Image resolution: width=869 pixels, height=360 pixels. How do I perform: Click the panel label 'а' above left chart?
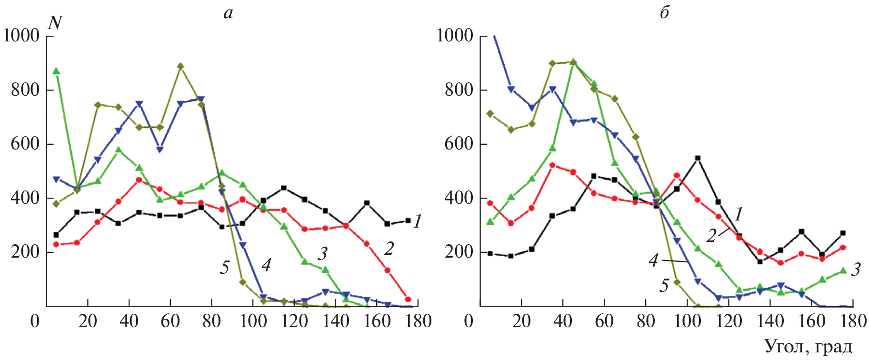coord(228,13)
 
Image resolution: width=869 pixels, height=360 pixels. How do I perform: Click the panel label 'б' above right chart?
coord(664,13)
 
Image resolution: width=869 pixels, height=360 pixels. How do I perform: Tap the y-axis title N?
coord(55,22)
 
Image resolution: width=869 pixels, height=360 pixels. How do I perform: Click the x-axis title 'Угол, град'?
coord(808,346)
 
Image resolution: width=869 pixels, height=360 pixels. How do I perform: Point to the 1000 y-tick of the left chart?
coord(21,35)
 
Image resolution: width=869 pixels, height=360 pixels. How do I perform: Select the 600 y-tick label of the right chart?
coord(459,144)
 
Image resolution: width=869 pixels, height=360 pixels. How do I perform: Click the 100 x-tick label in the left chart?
coord(253,321)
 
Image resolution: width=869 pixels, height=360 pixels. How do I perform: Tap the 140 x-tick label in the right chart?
coord(770,321)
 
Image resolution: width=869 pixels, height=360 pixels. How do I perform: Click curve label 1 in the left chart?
coord(417,221)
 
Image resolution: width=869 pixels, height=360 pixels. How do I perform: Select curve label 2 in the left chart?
coord(389,249)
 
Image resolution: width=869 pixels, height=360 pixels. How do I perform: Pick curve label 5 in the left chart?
coord(225,268)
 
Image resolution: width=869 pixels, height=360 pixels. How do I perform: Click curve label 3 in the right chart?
coord(856,270)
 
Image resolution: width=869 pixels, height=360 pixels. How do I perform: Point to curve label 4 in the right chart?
coord(654,260)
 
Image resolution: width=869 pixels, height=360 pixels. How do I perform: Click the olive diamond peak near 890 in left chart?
coord(180,66)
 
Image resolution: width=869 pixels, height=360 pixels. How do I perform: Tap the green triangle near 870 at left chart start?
coord(56,71)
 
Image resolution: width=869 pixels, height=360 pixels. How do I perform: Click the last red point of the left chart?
coord(408,300)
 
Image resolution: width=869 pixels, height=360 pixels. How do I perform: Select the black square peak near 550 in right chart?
coord(698,158)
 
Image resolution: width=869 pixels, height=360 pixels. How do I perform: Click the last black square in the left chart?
coord(408,220)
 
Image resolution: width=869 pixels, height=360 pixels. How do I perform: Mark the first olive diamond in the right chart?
coord(490,113)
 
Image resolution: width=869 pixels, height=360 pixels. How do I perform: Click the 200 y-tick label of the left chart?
coord(25,252)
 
